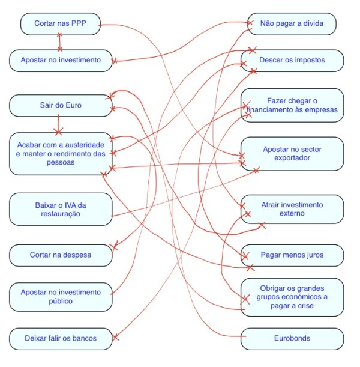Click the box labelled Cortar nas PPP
[x=59, y=24]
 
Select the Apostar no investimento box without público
[x=61, y=61]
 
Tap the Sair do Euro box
[x=61, y=106]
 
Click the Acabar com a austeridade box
[x=61, y=154]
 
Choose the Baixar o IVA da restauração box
[x=61, y=209]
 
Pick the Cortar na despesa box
[x=61, y=255]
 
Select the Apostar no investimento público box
[x=61, y=297]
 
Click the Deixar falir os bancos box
[x=61, y=338]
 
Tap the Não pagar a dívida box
[x=292, y=24]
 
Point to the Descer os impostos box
[x=292, y=61]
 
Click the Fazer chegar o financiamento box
[x=292, y=105]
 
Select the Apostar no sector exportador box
[x=292, y=153]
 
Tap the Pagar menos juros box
[x=292, y=255]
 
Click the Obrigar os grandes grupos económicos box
[x=292, y=297]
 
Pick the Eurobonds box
[x=292, y=338]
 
